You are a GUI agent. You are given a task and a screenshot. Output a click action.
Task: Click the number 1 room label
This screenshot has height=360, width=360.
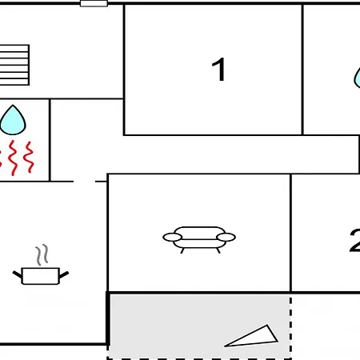click(x=218, y=70)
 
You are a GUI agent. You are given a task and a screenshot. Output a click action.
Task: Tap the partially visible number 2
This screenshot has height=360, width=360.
click(x=355, y=241)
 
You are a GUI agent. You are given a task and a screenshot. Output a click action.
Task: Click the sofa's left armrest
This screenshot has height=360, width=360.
click(x=172, y=237)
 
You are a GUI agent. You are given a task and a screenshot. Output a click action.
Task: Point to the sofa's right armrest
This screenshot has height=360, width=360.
click(x=226, y=237)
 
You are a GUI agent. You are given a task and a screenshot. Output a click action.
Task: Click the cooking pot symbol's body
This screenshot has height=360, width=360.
click(x=41, y=276)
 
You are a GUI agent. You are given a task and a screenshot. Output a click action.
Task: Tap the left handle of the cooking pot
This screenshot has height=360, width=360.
click(x=18, y=274)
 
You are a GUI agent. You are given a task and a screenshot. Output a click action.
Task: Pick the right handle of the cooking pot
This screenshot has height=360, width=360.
click(x=64, y=274)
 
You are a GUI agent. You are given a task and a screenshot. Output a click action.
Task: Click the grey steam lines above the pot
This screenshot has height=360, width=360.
click(x=42, y=254)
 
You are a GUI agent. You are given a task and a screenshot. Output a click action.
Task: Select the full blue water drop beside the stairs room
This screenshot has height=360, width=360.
click(x=13, y=121)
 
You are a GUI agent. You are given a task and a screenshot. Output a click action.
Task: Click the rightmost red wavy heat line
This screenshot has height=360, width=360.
click(x=29, y=157)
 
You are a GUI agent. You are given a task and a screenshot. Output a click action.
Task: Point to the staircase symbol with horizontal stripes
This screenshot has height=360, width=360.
click(x=14, y=65)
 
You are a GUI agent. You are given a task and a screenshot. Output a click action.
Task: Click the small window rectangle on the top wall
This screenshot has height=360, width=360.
click(x=94, y=3)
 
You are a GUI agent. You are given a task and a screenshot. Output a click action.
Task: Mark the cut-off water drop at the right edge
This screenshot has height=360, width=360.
click(x=357, y=78)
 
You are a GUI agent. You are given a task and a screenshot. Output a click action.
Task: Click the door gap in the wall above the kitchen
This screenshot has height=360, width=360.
click(x=84, y=182)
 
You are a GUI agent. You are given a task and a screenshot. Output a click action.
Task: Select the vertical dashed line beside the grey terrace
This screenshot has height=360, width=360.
click(x=290, y=326)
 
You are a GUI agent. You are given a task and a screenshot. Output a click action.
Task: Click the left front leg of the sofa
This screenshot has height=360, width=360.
click(x=182, y=250)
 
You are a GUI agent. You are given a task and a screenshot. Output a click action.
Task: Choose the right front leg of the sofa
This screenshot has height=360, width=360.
click(x=218, y=250)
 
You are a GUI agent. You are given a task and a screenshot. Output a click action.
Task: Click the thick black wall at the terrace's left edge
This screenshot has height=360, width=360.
click(x=108, y=319)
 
